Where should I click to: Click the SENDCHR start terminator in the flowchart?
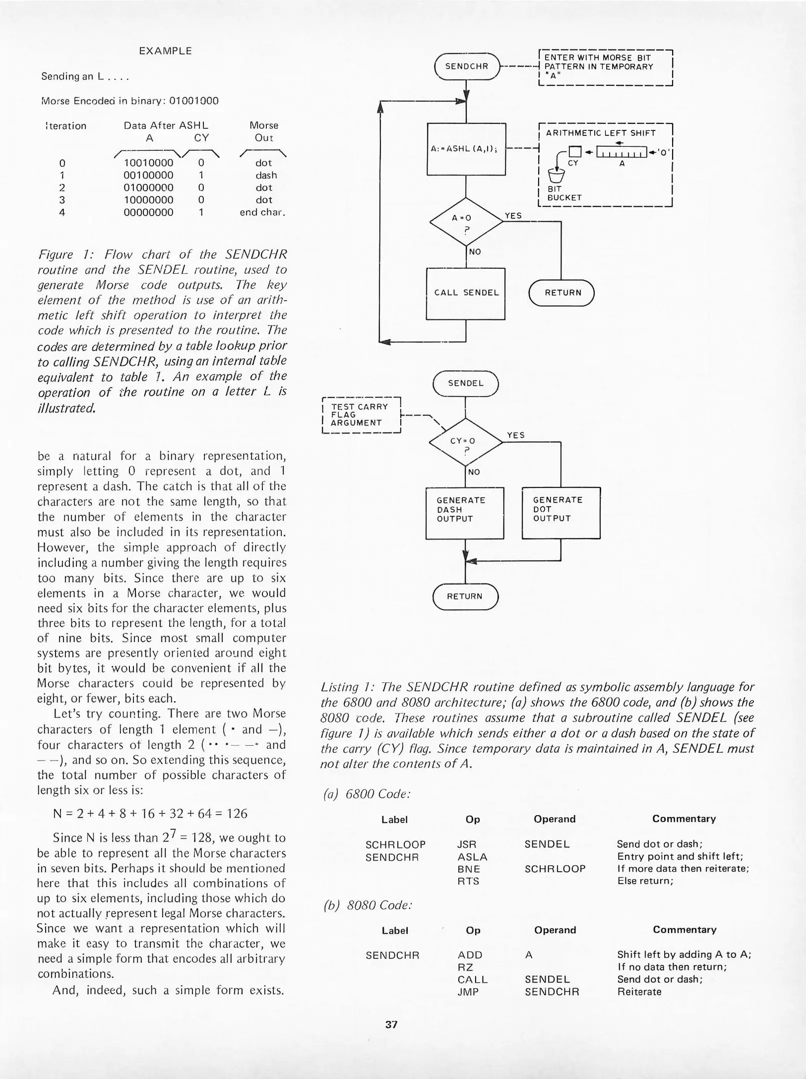tap(466, 66)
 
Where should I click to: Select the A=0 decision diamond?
tap(466, 222)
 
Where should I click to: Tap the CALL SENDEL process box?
tap(466, 293)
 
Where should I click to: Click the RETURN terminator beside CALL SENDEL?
tap(562, 293)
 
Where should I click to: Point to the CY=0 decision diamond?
tap(465, 443)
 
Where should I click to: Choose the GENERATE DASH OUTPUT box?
tap(464, 513)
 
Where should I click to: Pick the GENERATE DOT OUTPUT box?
tap(561, 513)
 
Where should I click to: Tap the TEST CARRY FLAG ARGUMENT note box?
tap(361, 415)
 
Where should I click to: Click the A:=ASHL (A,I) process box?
tap(466, 148)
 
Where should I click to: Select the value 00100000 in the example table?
tap(148, 175)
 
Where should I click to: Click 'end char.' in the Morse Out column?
tap(262, 212)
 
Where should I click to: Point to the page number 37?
tap(391, 1025)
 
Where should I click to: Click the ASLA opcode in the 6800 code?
tap(472, 857)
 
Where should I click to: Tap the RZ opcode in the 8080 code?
tap(465, 967)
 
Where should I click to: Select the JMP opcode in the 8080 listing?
tap(468, 992)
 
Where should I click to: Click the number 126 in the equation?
tap(237, 814)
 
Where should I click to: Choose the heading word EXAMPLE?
tap(165, 51)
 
